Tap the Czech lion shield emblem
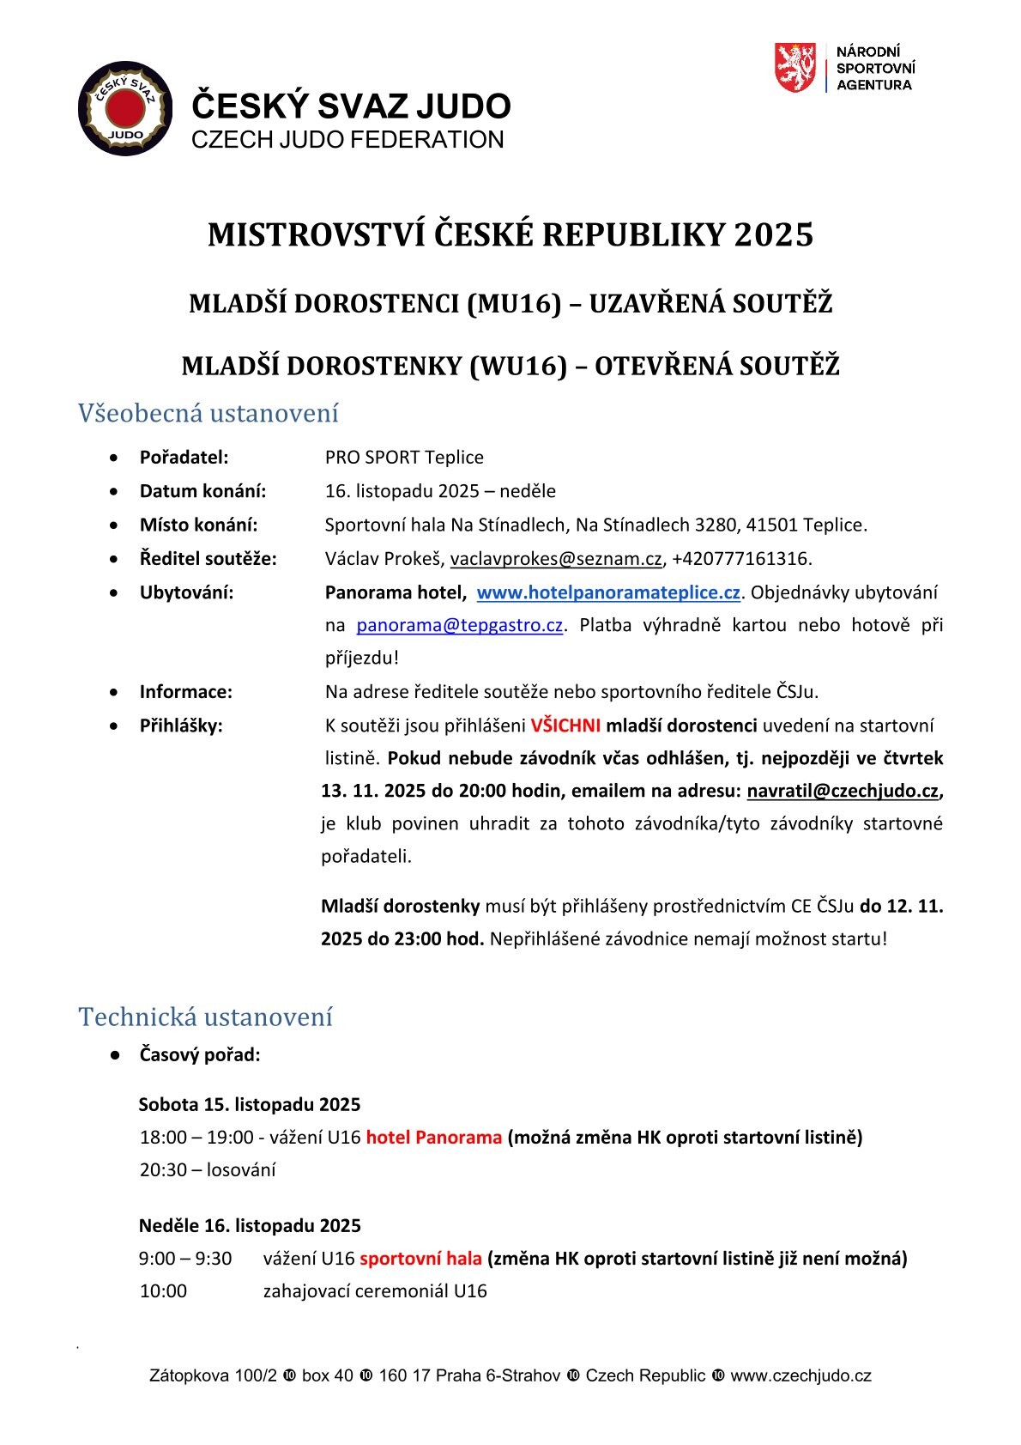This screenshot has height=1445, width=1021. pyautogui.click(x=794, y=68)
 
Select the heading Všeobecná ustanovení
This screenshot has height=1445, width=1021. pyautogui.click(x=208, y=413)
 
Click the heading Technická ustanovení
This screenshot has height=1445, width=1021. pyautogui.click(x=205, y=1017)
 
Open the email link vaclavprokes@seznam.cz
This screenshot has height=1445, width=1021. pyautogui.click(x=556, y=559)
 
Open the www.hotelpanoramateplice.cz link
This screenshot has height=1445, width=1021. pyautogui.click(x=608, y=592)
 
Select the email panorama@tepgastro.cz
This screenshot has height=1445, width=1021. pyautogui.click(x=459, y=625)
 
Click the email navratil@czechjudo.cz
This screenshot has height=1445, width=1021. pyautogui.click(x=843, y=791)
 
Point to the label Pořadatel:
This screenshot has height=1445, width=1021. pyautogui.click(x=184, y=458)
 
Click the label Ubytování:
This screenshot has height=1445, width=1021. pyautogui.click(x=186, y=592)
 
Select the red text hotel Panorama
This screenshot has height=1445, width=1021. pyautogui.click(x=433, y=1138)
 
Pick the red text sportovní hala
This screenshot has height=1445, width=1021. pyautogui.click(x=420, y=1259)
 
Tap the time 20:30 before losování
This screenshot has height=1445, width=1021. pyautogui.click(x=164, y=1170)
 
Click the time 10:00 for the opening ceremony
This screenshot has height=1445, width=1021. pyautogui.click(x=163, y=1291)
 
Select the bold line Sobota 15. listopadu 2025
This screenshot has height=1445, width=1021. pyautogui.click(x=249, y=1105)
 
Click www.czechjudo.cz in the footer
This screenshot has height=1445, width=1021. pyautogui.click(x=800, y=1376)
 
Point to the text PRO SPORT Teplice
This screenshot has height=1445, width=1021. pyautogui.click(x=404, y=458)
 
